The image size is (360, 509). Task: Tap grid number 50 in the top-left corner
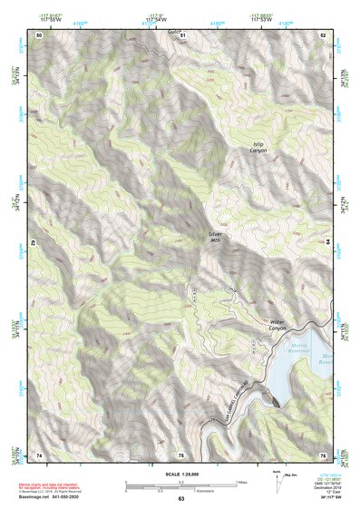tap(39, 34)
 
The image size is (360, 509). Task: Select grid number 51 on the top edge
tap(181, 34)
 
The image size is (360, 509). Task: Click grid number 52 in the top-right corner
tap(323, 34)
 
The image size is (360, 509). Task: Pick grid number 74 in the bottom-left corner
tap(39, 454)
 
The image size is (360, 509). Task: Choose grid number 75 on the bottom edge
tap(180, 454)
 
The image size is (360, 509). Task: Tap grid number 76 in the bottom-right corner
tap(322, 454)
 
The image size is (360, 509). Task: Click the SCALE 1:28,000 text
tap(181, 473)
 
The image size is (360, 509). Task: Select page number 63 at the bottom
tap(180, 499)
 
